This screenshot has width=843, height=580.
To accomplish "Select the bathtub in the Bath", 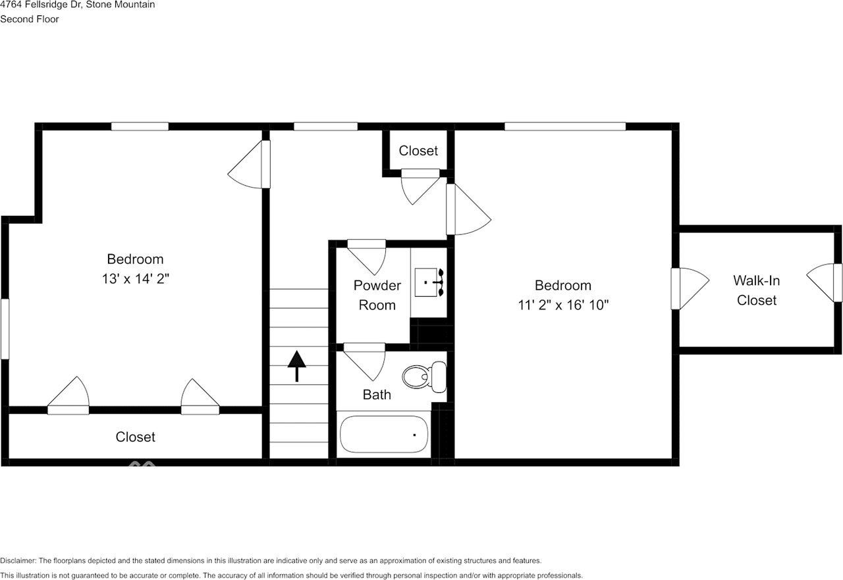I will click(x=384, y=434).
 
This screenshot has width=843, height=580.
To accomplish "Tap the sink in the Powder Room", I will click(x=429, y=282).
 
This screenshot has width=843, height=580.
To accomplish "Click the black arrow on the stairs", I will click(x=297, y=365).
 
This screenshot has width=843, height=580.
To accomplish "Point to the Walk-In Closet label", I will click(x=757, y=290).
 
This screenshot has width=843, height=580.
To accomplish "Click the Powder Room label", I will click(x=377, y=295).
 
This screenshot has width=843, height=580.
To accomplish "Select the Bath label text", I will click(x=377, y=394).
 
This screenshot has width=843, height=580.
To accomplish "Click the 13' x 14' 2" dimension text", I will click(x=135, y=278).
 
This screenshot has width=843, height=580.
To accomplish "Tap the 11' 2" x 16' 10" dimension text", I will click(x=562, y=305).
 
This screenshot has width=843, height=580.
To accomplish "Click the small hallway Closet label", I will click(x=418, y=151).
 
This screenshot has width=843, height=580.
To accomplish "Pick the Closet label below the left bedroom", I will click(x=136, y=436).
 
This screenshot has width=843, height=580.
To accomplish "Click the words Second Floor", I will click(x=30, y=19).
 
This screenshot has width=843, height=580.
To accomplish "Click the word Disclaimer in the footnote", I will click(x=18, y=561).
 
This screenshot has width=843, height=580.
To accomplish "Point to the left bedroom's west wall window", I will click(x=5, y=329).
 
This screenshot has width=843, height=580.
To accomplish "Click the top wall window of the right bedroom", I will click(x=564, y=126).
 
